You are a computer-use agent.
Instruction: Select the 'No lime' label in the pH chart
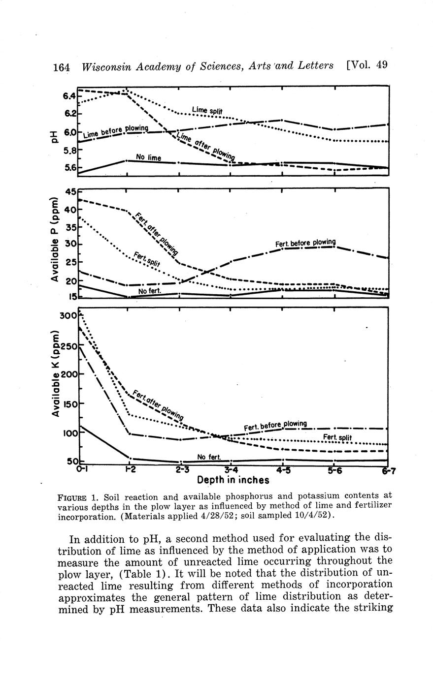tap(148, 157)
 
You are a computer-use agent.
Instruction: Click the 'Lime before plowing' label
tap(116, 131)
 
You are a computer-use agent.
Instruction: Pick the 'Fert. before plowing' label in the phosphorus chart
tap(305, 243)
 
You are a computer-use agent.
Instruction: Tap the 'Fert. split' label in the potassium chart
tap(337, 437)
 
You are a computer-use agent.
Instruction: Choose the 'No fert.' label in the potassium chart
tap(208, 457)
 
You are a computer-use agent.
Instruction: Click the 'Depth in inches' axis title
tap(233, 480)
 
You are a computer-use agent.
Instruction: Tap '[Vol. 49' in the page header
tap(367, 65)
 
